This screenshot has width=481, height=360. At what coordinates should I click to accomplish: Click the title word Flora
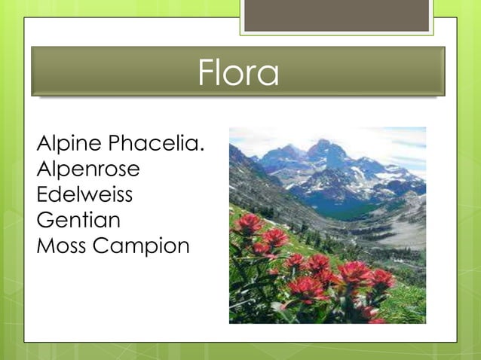(238, 73)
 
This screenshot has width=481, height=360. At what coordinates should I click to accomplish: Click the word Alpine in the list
(70, 143)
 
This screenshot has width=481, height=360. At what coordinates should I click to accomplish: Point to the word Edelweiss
(84, 194)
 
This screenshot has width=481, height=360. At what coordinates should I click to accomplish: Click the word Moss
(61, 246)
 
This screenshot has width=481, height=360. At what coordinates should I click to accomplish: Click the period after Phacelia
(202, 148)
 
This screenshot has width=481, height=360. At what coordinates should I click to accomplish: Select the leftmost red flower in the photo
(247, 223)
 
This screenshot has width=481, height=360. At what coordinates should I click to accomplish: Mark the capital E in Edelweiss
(42, 194)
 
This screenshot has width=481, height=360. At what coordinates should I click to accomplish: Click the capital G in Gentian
(44, 220)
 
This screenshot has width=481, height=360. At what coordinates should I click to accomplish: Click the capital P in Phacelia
(115, 143)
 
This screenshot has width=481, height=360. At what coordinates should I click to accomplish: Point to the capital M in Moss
(44, 246)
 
